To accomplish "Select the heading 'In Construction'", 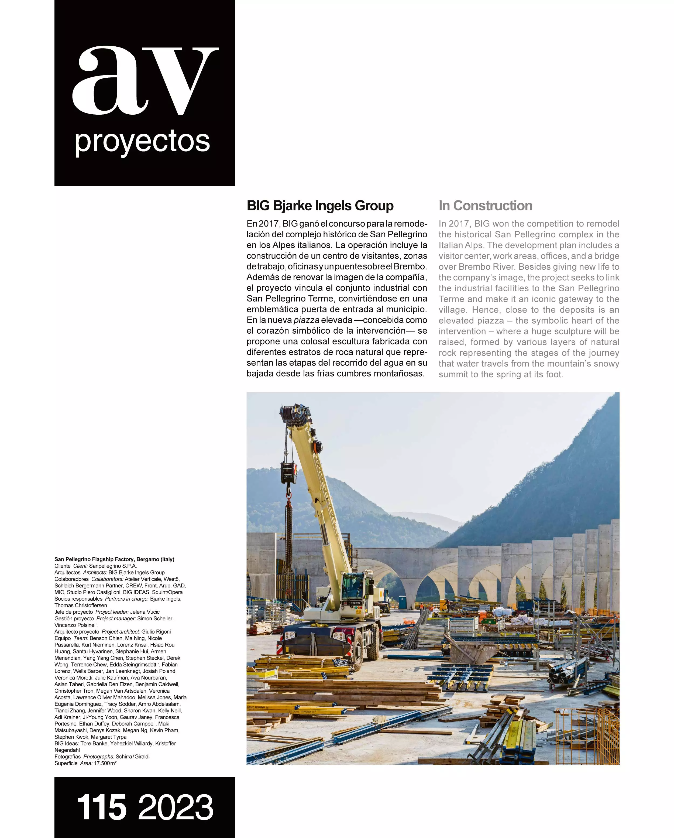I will pyautogui.click(x=485, y=206).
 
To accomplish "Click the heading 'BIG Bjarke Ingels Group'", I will pyautogui.click(x=320, y=206).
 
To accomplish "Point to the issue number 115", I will pyautogui.click(x=102, y=807).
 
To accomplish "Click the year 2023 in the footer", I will pyautogui.click(x=176, y=807).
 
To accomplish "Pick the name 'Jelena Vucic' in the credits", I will pyautogui.click(x=145, y=612).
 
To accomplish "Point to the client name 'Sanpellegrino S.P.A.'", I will pyautogui.click(x=113, y=566).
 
